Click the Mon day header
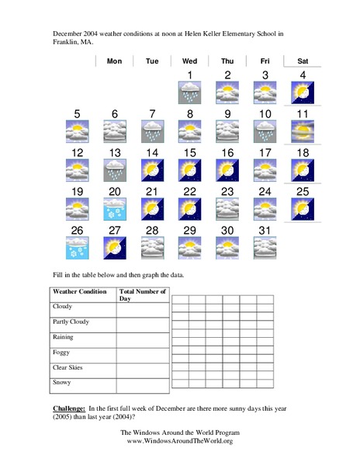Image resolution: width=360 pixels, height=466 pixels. click(x=114, y=61)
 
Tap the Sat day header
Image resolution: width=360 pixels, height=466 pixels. click(x=303, y=61)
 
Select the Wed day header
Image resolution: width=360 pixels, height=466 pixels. click(x=189, y=61)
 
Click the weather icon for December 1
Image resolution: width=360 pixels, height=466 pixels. click(x=190, y=94)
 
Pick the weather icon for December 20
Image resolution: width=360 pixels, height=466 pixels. click(x=114, y=210)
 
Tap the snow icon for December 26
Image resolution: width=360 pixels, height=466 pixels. click(x=77, y=248)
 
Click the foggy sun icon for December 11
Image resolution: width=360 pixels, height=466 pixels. click(x=303, y=132)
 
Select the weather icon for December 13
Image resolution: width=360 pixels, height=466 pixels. click(x=114, y=171)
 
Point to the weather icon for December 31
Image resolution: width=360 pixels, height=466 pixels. click(x=265, y=248)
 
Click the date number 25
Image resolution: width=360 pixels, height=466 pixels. click(x=303, y=191)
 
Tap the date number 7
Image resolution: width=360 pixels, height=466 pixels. click(x=152, y=114)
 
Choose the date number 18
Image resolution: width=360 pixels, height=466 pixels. click(x=303, y=152)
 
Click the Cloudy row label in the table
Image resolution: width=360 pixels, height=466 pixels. click(x=61, y=307)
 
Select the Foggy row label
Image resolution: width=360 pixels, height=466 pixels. click(x=61, y=352)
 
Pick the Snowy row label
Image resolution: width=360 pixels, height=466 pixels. click(x=61, y=382)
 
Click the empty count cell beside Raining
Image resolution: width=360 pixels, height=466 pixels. click(x=142, y=340)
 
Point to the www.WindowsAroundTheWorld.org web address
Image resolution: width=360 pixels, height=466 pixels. click(x=179, y=441)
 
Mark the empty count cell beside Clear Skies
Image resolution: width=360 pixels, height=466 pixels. click(x=142, y=370)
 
